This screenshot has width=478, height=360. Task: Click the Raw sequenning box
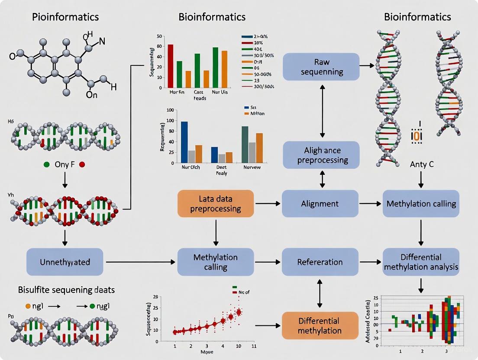321,66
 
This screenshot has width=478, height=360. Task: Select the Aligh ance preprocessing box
321,155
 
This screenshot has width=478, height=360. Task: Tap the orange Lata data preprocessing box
215,203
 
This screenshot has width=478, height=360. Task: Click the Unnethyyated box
65,262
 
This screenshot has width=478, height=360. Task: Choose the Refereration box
320,262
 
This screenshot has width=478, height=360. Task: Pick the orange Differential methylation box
320,325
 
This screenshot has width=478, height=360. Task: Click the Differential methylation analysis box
421,262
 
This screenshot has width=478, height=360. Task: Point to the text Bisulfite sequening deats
63,289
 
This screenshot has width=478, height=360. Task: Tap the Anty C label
421,164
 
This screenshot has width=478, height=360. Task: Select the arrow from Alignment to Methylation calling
371,203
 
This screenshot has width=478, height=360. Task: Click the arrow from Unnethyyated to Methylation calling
141,262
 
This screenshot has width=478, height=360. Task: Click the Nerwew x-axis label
252,167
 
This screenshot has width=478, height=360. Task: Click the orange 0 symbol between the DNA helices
417,136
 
